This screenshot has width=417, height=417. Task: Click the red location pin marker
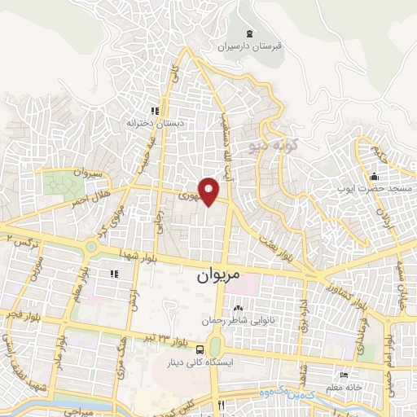210,191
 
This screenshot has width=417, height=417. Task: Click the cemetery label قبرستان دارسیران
250,47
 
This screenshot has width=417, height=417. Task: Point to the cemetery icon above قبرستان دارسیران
250,33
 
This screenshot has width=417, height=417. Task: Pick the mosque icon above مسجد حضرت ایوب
374,177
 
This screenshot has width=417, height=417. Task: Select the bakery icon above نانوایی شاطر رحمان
238,308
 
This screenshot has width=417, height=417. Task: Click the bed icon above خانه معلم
345,375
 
